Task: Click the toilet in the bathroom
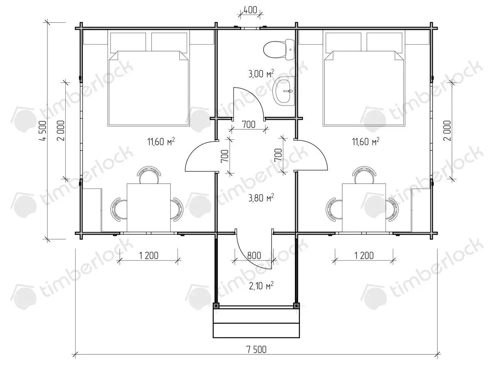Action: tap(279, 50)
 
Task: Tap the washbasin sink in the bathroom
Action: tap(284, 91)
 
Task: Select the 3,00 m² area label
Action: tap(261, 74)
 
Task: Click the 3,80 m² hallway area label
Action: tap(261, 198)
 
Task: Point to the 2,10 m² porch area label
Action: tap(261, 286)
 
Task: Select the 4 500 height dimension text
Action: tap(42, 131)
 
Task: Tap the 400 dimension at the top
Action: tap(250, 10)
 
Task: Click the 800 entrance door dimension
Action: tap(254, 256)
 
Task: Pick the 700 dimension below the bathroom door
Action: tap(249, 124)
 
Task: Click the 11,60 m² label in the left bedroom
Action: tap(161, 141)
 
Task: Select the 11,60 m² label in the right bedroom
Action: tap(366, 141)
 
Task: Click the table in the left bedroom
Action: tap(149, 208)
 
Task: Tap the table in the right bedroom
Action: tap(364, 208)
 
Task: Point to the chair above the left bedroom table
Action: tap(149, 175)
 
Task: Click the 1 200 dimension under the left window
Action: tap(149, 256)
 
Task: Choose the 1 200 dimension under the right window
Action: tap(364, 256)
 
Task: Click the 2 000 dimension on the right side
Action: tap(447, 131)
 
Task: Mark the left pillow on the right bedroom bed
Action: tap(343, 42)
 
